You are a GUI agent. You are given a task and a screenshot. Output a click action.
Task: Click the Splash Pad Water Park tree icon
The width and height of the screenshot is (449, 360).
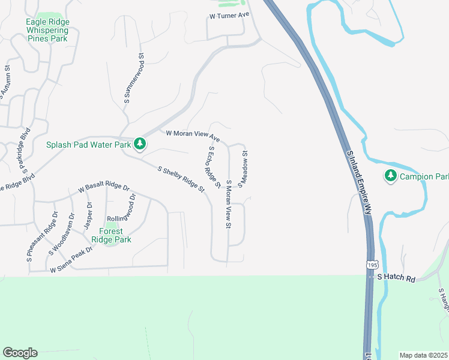coord(140,143)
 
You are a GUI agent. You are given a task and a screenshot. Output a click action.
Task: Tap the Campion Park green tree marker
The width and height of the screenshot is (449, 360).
coord(391,175)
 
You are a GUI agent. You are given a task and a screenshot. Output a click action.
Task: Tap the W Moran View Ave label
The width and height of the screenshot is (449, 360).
coord(193,136)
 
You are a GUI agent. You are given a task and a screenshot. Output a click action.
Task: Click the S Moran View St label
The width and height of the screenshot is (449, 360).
coord(229,204)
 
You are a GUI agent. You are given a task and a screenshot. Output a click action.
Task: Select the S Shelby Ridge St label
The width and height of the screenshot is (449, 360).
coord(181,179)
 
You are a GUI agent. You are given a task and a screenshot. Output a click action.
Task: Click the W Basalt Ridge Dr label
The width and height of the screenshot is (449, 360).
coord(104,188)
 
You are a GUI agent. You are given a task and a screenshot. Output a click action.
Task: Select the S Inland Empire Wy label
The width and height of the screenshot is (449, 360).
coord(358,180)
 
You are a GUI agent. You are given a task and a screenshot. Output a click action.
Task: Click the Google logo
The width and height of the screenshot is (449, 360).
coord(20,353)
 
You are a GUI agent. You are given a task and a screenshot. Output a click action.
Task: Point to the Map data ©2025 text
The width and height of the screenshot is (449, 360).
coord(424,355)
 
